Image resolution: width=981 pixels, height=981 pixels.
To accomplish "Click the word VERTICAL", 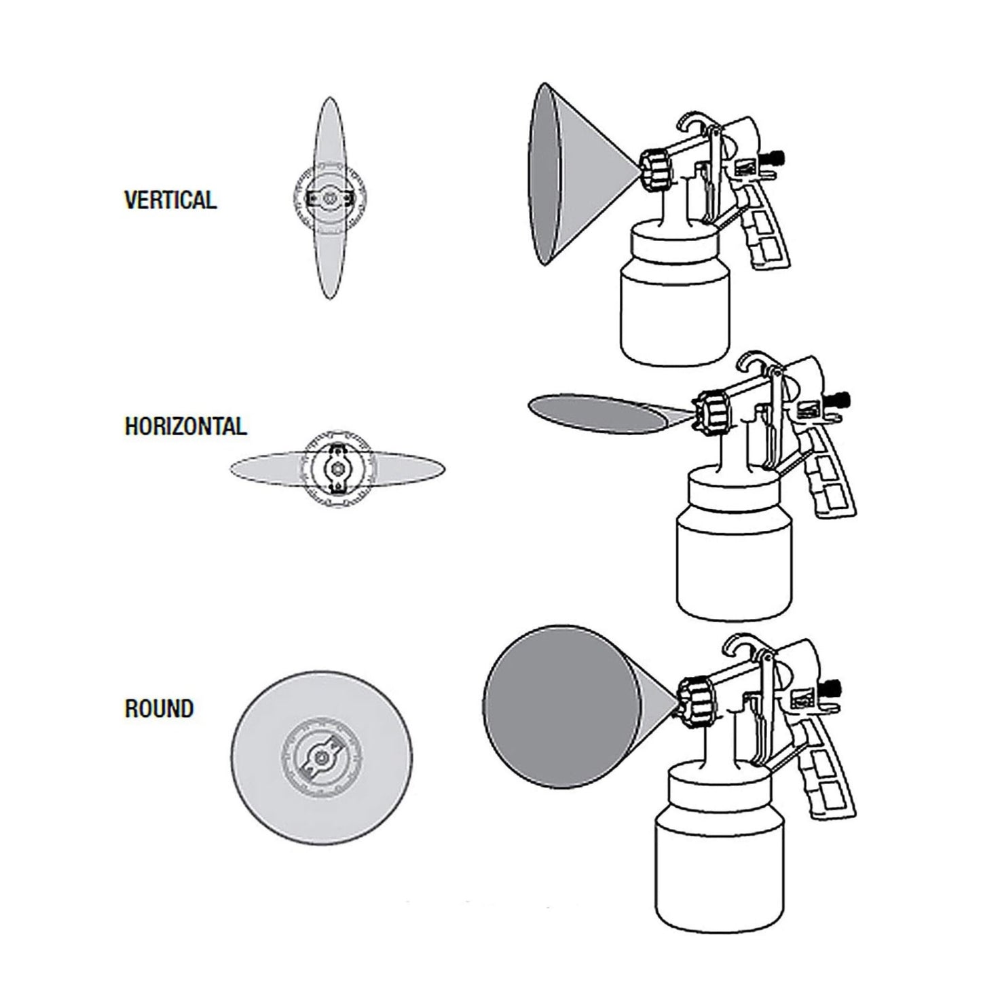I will (x=170, y=200).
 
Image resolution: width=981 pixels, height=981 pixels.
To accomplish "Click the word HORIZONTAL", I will (x=185, y=426).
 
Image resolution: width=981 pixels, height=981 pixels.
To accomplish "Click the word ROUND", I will (x=160, y=709).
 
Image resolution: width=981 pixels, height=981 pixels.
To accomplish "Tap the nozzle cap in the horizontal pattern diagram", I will (x=337, y=468).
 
